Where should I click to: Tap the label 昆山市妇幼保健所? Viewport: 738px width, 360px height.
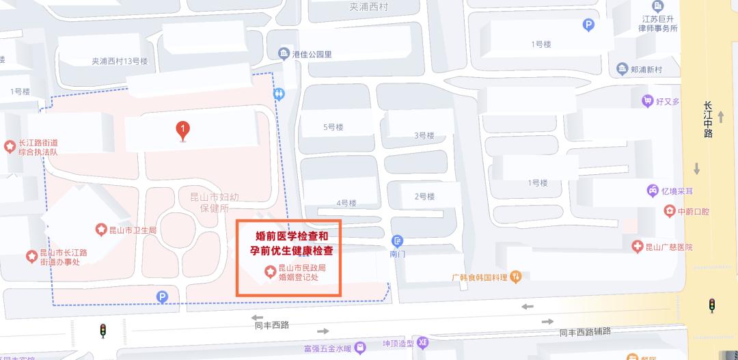point(214,203)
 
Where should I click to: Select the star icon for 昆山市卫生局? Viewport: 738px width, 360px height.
point(100,230)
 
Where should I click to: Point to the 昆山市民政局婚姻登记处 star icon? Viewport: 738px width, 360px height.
point(269,272)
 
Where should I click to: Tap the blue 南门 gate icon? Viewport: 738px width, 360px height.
point(398,241)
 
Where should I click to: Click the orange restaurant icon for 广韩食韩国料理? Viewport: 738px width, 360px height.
point(516,277)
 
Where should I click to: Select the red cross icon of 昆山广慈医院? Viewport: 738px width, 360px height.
point(637,247)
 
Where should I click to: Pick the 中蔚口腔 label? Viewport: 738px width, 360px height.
point(693,212)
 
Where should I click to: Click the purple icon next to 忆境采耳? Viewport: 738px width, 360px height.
point(653,191)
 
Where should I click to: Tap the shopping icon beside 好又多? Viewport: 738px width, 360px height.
point(647,101)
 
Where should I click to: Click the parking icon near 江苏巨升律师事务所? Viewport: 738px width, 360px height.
point(588,25)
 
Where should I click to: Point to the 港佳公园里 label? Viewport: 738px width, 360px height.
point(312,54)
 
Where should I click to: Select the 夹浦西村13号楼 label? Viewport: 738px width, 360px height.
point(120,61)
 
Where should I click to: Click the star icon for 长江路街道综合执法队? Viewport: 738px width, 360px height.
point(10,146)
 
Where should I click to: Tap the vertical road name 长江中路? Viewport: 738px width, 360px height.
point(708,120)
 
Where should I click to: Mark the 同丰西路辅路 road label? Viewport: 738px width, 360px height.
point(585,332)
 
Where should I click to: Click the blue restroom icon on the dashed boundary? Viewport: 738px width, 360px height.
point(279,92)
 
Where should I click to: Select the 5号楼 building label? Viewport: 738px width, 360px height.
point(333,127)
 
